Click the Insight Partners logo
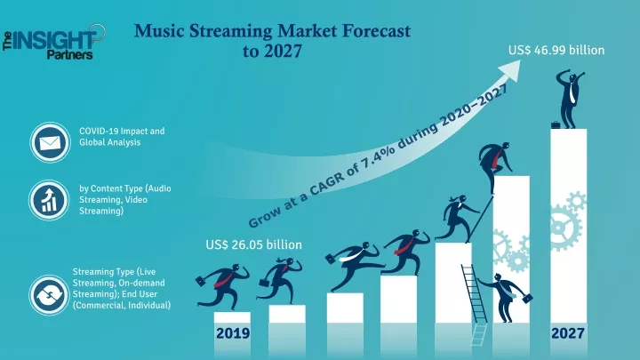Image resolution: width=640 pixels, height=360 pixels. coord(54,42)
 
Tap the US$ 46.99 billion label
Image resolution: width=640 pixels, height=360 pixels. coord(556,50)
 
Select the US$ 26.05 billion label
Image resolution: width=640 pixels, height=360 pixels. coord(254,244)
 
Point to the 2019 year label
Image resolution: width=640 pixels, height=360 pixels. coord(233,333)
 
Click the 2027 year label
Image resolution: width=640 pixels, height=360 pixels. coord(568,333)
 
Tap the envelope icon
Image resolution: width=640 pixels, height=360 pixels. coord(50,142)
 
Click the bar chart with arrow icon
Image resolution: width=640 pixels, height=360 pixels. coord(49,200)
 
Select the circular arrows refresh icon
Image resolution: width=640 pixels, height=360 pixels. coord(49,295)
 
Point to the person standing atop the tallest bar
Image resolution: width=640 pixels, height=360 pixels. coord(570,100)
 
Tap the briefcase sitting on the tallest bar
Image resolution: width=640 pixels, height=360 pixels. coord(555,125)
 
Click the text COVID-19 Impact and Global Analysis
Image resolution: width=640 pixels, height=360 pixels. coord(122,137)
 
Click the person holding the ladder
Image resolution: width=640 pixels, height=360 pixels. coord(505,297)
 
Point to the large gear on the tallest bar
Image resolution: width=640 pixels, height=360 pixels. coord(565,228)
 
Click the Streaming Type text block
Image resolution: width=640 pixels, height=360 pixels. coord(121,289)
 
